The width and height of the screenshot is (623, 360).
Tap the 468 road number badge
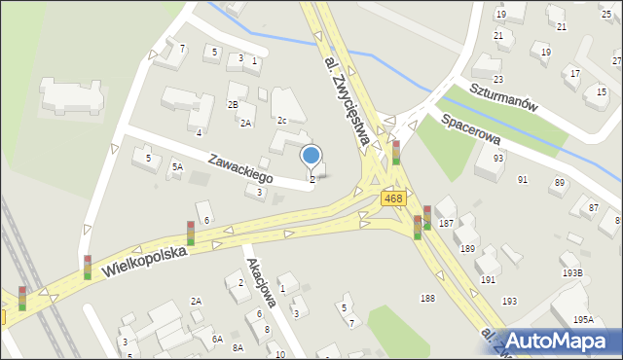coord(392,198)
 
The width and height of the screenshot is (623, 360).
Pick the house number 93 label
coord(497,158)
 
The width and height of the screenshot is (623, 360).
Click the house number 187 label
coord(446,224)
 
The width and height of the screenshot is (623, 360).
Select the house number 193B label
coord(571,273)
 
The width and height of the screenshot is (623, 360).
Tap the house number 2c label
coord(281,120)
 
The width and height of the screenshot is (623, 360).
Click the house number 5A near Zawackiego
coord(177,167)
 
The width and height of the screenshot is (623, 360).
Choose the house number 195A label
coord(583,320)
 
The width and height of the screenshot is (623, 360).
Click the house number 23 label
coord(497,79)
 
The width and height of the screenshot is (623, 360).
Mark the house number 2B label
coord(233,104)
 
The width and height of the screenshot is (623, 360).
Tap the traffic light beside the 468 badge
coord(396,153)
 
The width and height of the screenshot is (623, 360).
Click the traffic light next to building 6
coord(191,233)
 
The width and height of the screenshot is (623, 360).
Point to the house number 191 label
coord(488,279)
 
